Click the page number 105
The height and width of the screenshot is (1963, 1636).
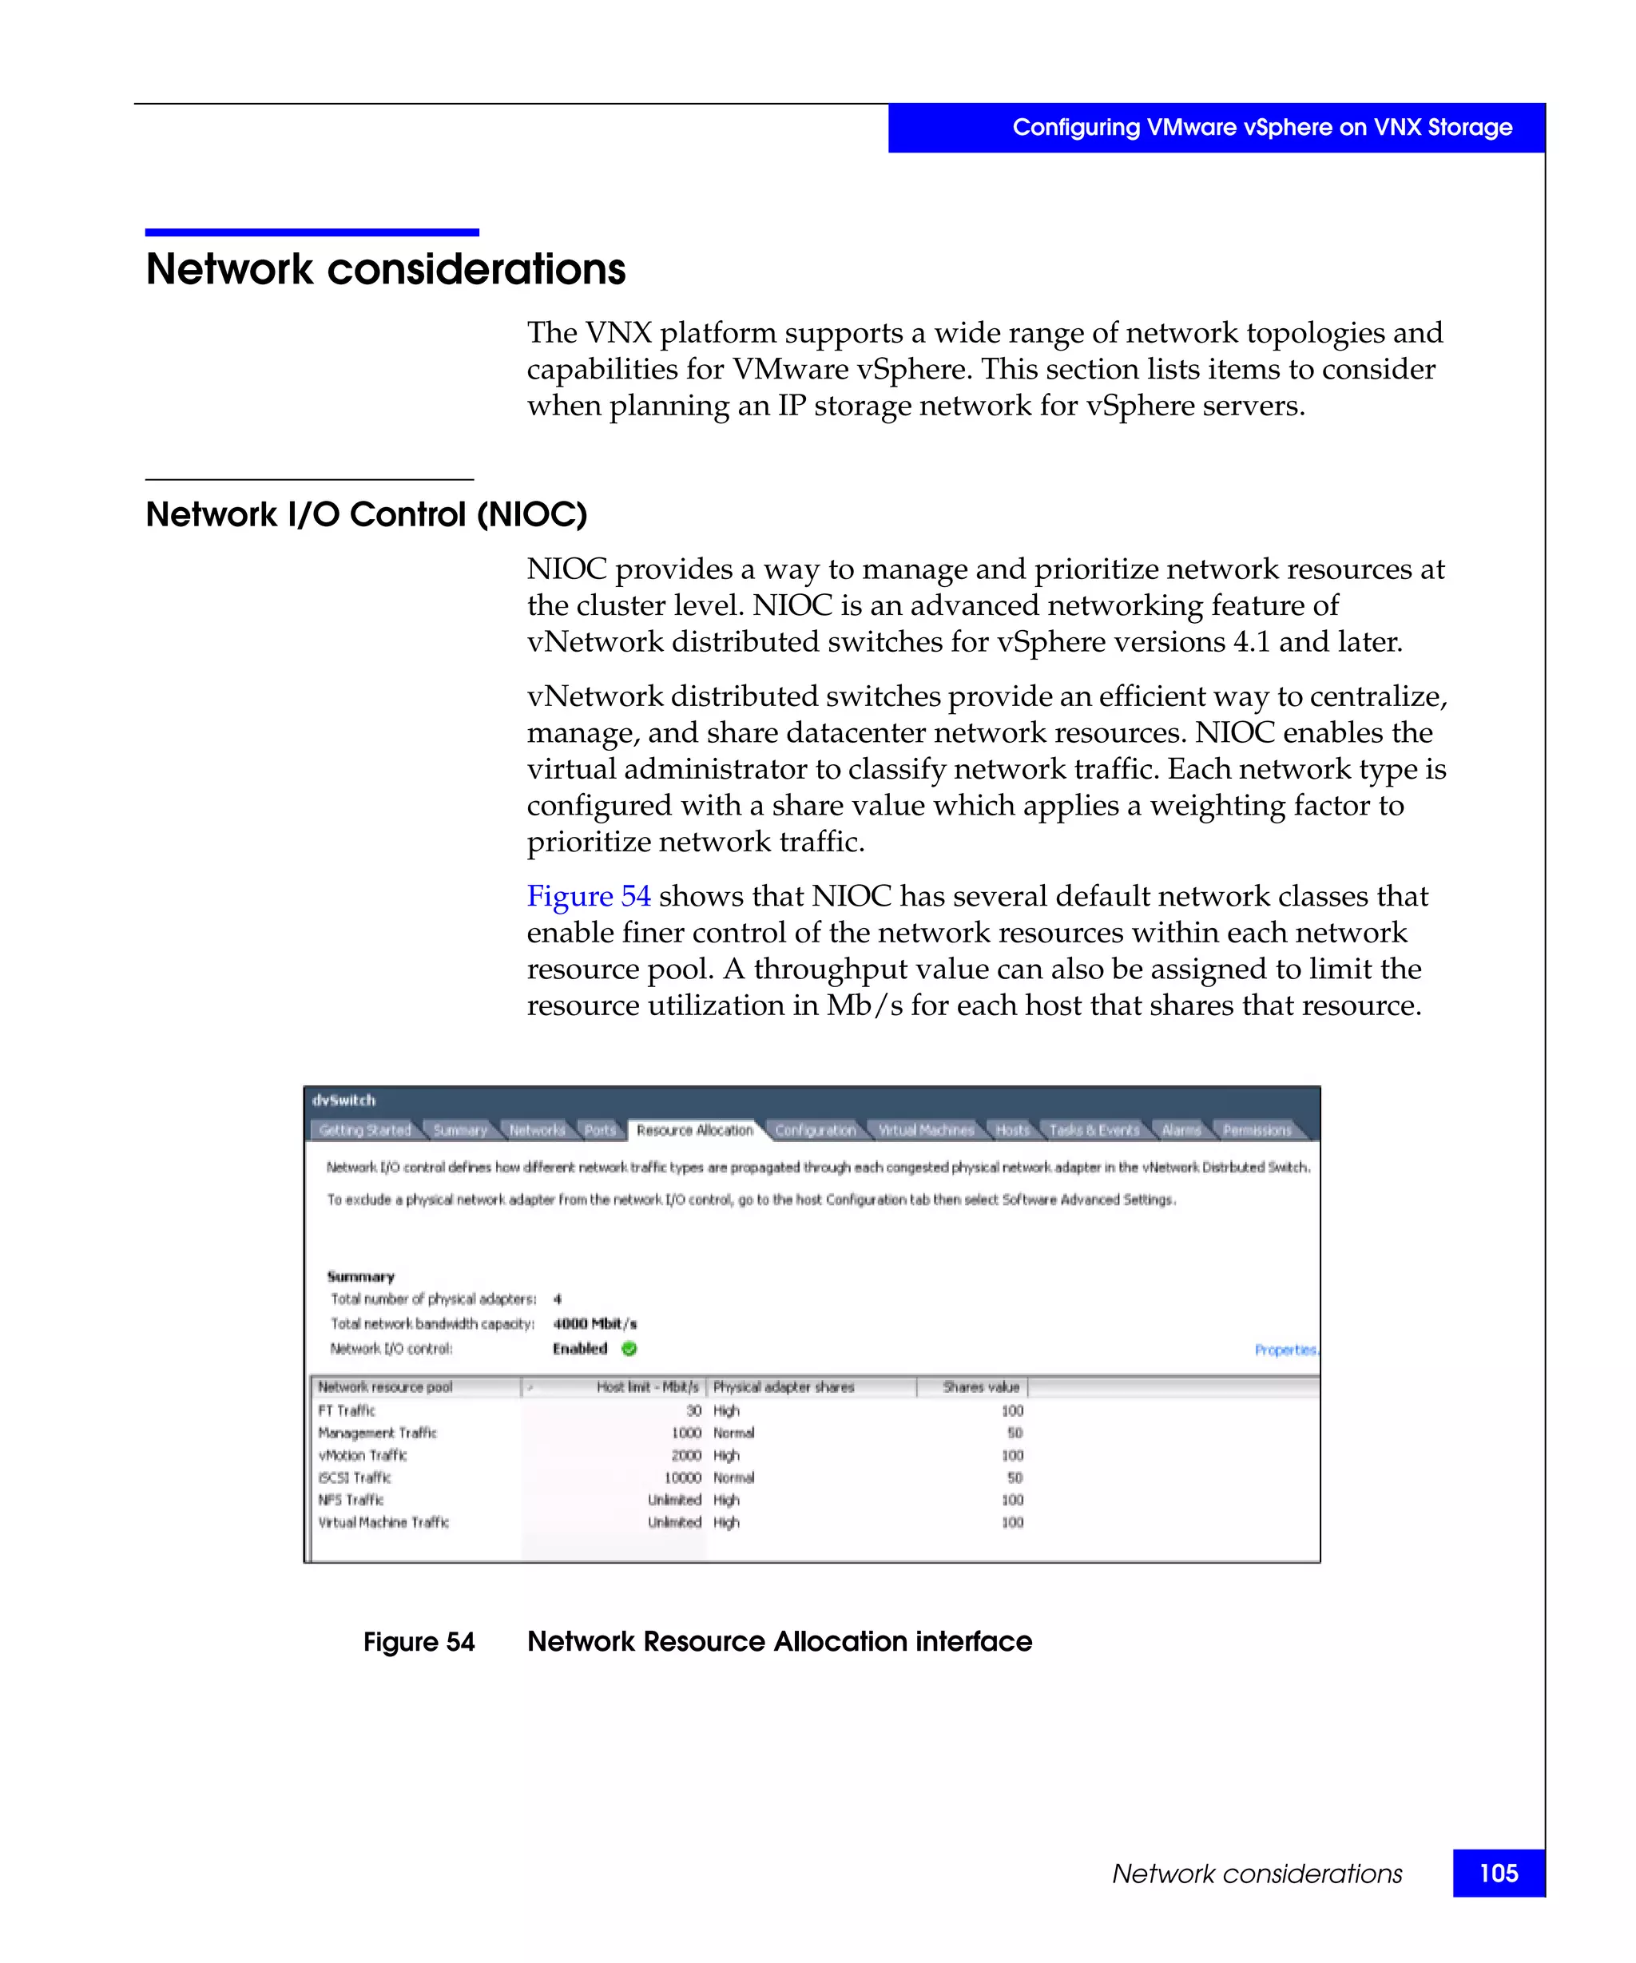coord(1498,1874)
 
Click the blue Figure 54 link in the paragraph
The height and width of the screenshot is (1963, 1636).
coord(588,895)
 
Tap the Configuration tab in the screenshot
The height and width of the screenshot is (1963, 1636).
coord(814,1130)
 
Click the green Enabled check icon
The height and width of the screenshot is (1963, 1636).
coord(629,1348)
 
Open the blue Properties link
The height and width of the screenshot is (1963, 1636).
coord(1285,1350)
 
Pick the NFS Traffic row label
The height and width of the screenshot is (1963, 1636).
coord(351,1499)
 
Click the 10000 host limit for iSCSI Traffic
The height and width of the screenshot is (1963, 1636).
coord(682,1477)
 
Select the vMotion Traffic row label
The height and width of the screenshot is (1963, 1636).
coord(363,1454)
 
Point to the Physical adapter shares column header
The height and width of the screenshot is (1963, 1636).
coord(784,1387)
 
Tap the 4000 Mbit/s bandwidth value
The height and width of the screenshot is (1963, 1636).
coord(594,1323)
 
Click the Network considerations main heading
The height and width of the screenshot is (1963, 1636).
coord(385,269)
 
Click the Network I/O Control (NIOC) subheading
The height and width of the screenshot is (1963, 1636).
coord(366,514)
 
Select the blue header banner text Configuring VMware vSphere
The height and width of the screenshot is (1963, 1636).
coord(1261,127)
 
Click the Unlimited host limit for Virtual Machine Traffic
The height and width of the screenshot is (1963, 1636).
coord(674,1522)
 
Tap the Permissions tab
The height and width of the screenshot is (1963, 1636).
coord(1257,1130)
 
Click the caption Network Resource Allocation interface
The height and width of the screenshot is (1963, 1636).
coord(779,1641)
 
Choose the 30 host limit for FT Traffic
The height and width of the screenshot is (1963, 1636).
coord(693,1410)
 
